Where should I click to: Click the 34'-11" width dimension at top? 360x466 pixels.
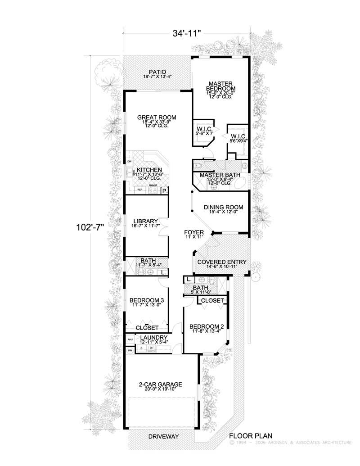pyautogui.click(x=186, y=33)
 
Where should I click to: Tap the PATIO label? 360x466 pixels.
pyautogui.click(x=157, y=72)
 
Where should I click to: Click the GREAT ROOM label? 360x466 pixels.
pyautogui.click(x=157, y=118)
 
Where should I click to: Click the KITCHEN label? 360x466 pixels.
pyautogui.click(x=149, y=170)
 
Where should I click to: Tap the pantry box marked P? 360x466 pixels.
pyautogui.click(x=165, y=191)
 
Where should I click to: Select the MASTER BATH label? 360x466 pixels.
pyautogui.click(x=220, y=175)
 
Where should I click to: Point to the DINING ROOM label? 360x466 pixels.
pyautogui.click(x=223, y=208)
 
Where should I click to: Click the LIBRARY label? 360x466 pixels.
pyautogui.click(x=145, y=221)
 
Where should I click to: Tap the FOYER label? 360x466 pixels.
pyautogui.click(x=194, y=233)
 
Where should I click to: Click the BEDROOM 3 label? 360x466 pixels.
pyautogui.click(x=146, y=300)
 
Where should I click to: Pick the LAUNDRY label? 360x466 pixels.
pyautogui.click(x=153, y=337)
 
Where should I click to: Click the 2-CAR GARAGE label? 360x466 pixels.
pyautogui.click(x=160, y=385)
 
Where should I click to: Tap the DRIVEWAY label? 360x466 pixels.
pyautogui.click(x=163, y=437)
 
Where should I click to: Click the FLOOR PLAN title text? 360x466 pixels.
pyautogui.click(x=250, y=436)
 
